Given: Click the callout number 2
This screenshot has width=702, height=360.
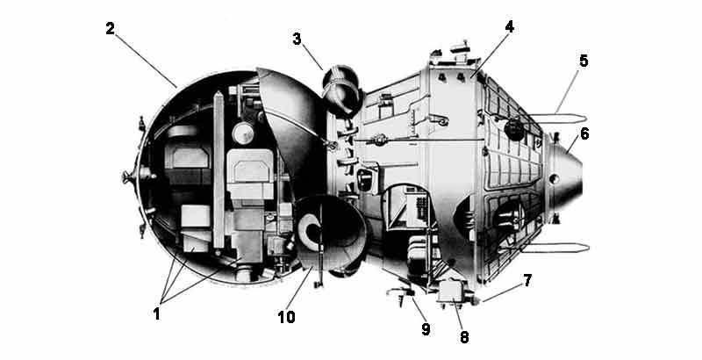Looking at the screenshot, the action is (x=111, y=29).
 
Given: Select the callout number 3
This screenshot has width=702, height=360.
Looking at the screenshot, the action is (x=297, y=39).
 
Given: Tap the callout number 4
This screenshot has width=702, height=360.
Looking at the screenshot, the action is (x=509, y=27).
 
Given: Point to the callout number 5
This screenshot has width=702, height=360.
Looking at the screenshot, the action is (x=584, y=61).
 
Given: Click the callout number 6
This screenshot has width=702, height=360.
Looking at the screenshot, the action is (x=584, y=133).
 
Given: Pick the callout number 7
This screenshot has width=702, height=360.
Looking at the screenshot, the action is (x=527, y=281).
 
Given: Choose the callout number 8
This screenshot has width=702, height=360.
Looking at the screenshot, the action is (x=464, y=337).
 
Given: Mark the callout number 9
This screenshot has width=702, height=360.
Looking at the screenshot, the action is (x=426, y=329).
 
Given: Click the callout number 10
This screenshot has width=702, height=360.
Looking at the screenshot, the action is (x=287, y=317).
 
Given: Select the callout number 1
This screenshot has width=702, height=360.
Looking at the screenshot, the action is (x=156, y=313).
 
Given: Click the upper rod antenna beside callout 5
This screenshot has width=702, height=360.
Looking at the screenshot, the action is (x=558, y=119).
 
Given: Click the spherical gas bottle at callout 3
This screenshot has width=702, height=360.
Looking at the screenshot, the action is (x=341, y=87).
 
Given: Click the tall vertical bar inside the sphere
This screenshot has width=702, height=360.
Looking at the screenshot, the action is (x=218, y=169).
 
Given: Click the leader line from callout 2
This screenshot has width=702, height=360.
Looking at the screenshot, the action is (x=146, y=60).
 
